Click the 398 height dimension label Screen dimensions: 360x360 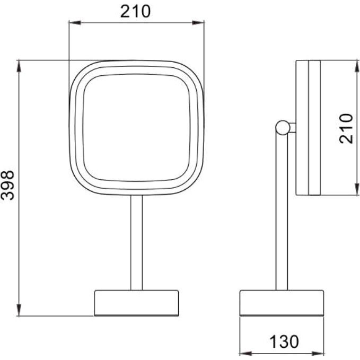[7, 185]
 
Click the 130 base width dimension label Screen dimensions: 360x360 [284, 341]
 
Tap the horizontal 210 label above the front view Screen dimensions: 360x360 [135, 11]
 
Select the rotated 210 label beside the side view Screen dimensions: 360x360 [346, 128]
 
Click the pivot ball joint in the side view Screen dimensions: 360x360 [283, 128]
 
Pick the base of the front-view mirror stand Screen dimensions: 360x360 [136, 303]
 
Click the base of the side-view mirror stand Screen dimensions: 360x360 [282, 303]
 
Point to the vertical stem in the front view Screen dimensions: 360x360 [136, 242]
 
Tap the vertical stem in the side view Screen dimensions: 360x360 [282, 213]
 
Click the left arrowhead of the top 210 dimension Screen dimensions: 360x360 [75, 22]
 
